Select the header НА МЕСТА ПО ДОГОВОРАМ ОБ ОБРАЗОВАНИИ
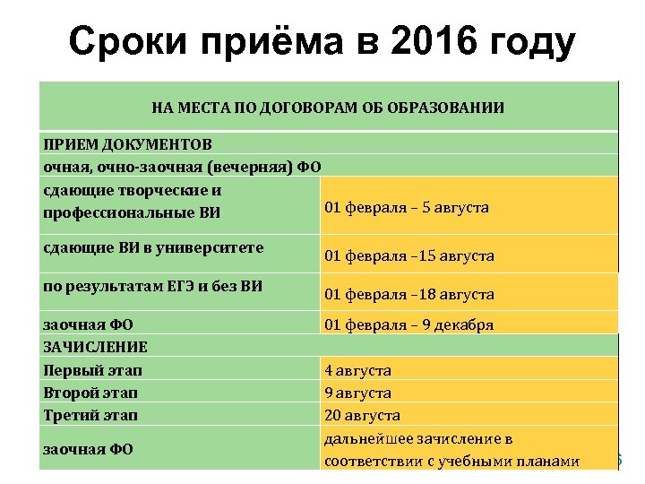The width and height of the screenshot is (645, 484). point(328,108)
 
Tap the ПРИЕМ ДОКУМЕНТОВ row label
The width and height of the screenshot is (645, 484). point(128,144)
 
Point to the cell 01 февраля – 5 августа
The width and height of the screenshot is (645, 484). point(407,208)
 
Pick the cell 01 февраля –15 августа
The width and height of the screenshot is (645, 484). point(409,256)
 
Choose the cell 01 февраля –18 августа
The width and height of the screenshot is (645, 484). point(409,294)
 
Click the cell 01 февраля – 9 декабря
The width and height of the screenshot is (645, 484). point(408,325)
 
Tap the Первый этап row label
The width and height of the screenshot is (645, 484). point(93,370)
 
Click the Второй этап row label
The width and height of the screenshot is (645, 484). point(93,393)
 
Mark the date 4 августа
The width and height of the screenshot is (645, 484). point(357,370)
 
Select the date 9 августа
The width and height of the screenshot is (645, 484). point(357,393)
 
